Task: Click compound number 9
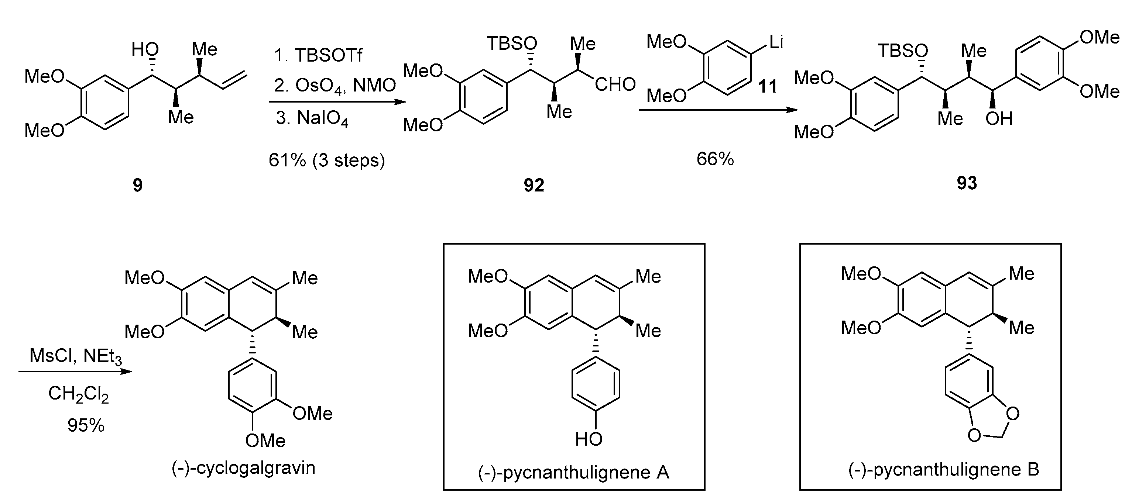click(x=138, y=185)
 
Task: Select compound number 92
click(x=534, y=185)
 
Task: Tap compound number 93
click(x=966, y=183)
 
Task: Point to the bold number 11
click(x=768, y=86)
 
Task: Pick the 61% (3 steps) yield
click(x=326, y=160)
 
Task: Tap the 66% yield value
click(x=715, y=159)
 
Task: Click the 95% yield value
click(x=86, y=425)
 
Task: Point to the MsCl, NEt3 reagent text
click(x=75, y=356)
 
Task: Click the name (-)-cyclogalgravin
click(x=243, y=468)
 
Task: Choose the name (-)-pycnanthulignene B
click(x=943, y=470)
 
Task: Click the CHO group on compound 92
click(x=615, y=84)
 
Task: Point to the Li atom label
click(x=776, y=42)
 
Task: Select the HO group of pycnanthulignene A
click(x=589, y=439)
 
